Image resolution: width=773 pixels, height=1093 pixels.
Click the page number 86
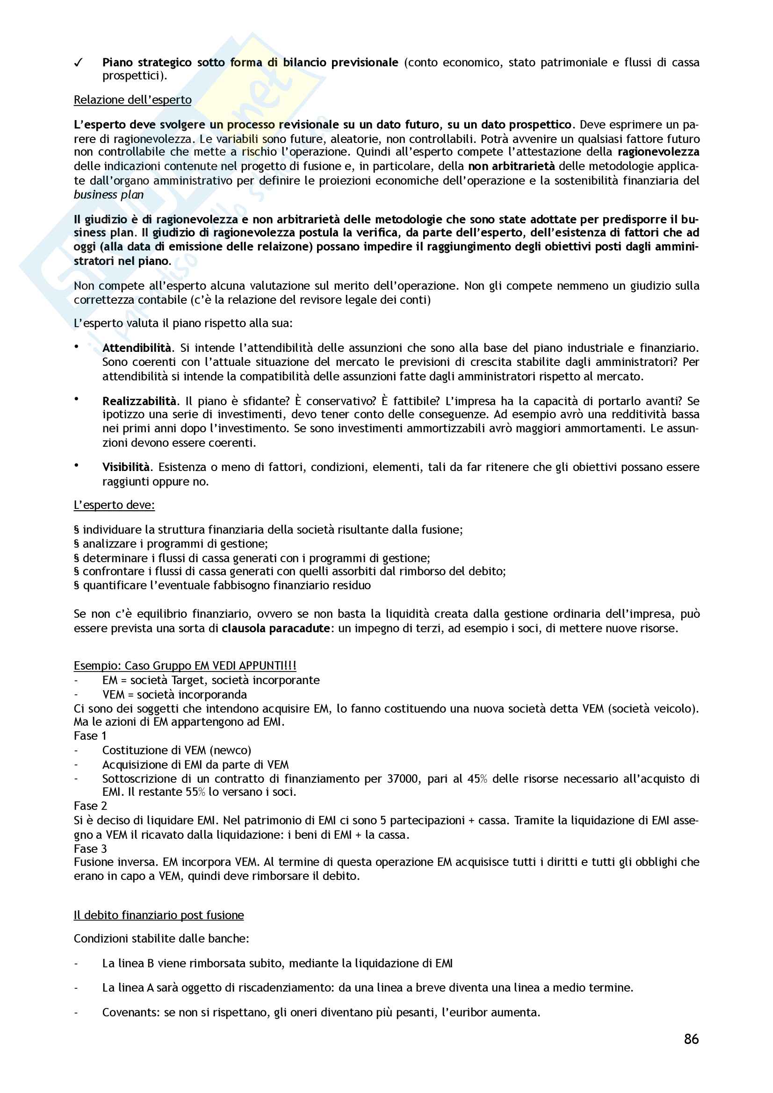pyautogui.click(x=691, y=1038)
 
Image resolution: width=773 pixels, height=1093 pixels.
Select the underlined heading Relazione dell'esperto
pyautogui.click(x=132, y=100)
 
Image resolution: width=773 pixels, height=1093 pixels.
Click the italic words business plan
pyautogui.click(x=108, y=195)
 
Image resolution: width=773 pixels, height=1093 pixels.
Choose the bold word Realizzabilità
pyautogui.click(x=139, y=401)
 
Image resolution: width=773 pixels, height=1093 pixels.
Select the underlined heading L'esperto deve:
pyautogui.click(x=114, y=505)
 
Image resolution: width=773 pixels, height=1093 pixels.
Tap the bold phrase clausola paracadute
pyautogui.click(x=276, y=629)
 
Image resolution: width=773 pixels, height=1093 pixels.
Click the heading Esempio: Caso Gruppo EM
pyautogui.click(x=185, y=665)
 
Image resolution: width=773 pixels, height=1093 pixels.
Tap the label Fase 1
pyautogui.click(x=90, y=736)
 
